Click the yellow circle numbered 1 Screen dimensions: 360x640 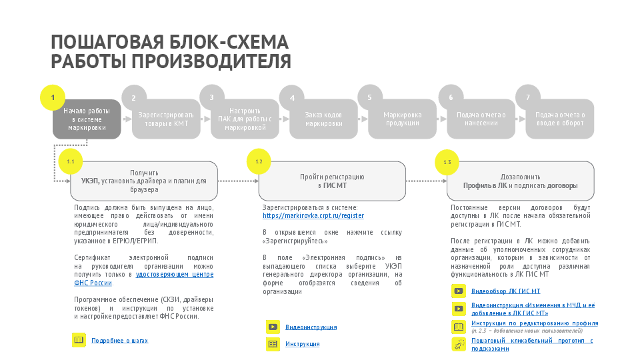pyautogui.click(x=53, y=97)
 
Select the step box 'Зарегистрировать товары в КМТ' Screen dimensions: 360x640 pyautogui.click(x=166, y=119)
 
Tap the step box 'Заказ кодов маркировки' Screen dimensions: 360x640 pyautogui.click(x=323, y=119)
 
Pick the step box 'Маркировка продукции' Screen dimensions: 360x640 pyautogui.click(x=402, y=119)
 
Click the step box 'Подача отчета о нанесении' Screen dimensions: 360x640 pyautogui.click(x=481, y=119)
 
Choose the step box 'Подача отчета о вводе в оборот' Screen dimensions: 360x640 pyautogui.click(x=559, y=119)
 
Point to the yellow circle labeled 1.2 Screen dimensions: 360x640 pyautogui.click(x=259, y=162)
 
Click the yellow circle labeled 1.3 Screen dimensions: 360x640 pyautogui.click(x=447, y=162)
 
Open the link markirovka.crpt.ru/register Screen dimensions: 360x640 pyautogui.click(x=313, y=216)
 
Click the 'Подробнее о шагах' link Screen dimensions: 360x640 pyautogui.click(x=119, y=341)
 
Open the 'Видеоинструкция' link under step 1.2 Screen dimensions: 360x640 pyautogui.click(x=311, y=327)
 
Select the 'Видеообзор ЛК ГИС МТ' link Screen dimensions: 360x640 pyautogui.click(x=505, y=291)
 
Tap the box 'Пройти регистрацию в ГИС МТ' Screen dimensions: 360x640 pyautogui.click(x=332, y=181)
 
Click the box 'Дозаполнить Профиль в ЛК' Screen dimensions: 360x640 pyautogui.click(x=520, y=181)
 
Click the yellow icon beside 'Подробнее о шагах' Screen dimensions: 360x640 pyautogui.click(x=79, y=340)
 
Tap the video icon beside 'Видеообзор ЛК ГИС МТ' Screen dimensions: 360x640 pyautogui.click(x=459, y=291)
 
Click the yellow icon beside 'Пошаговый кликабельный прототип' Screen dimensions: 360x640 pyautogui.click(x=459, y=344)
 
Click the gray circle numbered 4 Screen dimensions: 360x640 pyautogui.click(x=292, y=98)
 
